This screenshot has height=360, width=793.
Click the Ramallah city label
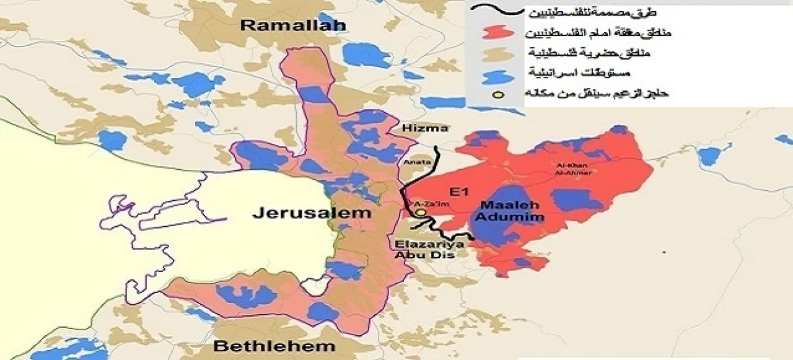click(x=292, y=25)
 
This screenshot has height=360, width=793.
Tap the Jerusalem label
click(x=312, y=213)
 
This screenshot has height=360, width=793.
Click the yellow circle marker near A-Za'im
click(x=421, y=213)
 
